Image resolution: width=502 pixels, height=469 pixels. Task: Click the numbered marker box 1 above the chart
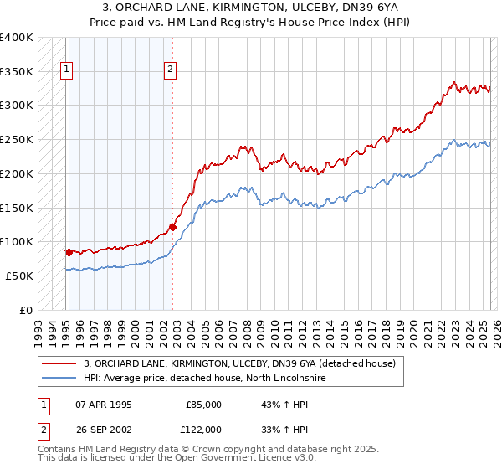tap(66, 70)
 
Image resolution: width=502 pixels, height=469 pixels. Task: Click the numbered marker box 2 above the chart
tap(170, 70)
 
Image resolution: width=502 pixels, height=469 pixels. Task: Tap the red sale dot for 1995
tap(69, 251)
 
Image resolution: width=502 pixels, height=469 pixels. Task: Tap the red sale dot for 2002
tap(172, 226)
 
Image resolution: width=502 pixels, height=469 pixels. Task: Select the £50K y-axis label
tap(19, 276)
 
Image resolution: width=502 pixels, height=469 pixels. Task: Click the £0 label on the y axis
tap(25, 310)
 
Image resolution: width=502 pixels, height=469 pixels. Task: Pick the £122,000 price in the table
tap(204, 430)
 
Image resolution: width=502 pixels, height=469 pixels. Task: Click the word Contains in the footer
tap(58, 450)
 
